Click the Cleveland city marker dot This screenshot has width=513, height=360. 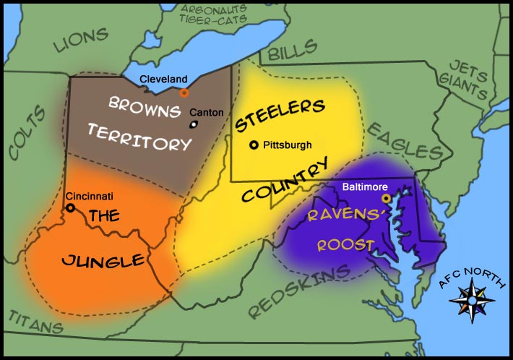click(x=184, y=93)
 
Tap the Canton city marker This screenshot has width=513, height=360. click(x=194, y=124)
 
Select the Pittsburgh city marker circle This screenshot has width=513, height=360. click(x=254, y=145)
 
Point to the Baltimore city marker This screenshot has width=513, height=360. click(x=387, y=197)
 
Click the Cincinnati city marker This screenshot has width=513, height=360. click(x=70, y=207)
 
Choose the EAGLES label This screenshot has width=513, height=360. click(x=404, y=140)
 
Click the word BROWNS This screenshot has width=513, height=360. click(x=145, y=106)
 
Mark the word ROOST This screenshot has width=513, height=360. click(x=345, y=245)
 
